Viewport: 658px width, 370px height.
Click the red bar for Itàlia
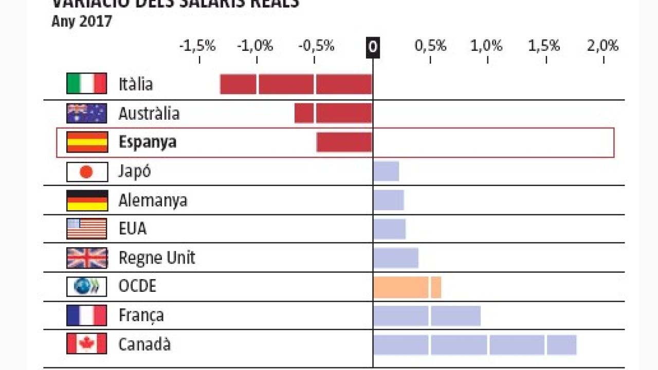[x=296, y=84]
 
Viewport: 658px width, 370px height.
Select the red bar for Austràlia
[x=333, y=113]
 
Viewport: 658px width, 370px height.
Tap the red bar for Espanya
[x=344, y=142]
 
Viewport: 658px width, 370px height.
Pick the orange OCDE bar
[x=407, y=287]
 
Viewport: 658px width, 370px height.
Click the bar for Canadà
[x=474, y=345]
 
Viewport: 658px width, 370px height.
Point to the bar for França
[x=427, y=316]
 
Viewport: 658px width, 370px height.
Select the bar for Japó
[x=386, y=171]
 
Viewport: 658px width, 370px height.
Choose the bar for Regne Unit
[x=395, y=258]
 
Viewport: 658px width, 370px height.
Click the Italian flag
[x=86, y=84]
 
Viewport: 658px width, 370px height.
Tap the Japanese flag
[x=87, y=172]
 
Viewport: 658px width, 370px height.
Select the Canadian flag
[x=86, y=344]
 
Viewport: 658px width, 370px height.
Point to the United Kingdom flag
[x=87, y=258]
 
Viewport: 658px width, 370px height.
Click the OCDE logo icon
[x=86, y=287]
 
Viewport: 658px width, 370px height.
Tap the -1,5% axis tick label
[x=197, y=46]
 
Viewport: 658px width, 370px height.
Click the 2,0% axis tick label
[x=602, y=46]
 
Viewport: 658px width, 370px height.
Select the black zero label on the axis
[x=373, y=47]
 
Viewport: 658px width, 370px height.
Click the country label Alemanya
[x=153, y=200]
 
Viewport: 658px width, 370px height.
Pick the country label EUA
[x=133, y=229]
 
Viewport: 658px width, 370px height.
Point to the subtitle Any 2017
[x=82, y=22]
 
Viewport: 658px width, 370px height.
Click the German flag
[x=87, y=200]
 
